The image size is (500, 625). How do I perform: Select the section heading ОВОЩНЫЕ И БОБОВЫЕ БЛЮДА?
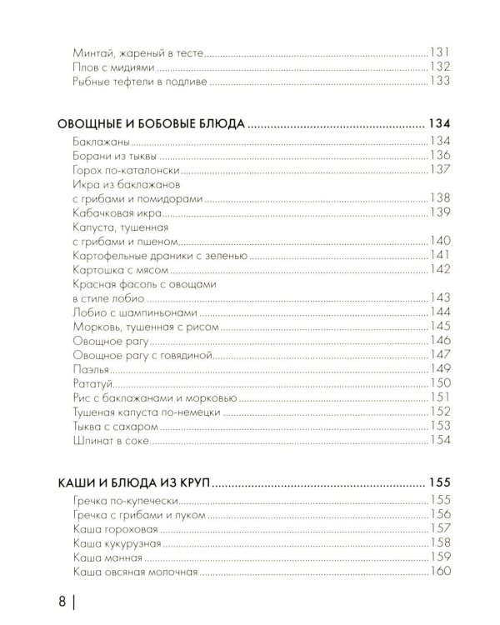[x=152, y=124]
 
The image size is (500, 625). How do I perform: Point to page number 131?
[x=439, y=52]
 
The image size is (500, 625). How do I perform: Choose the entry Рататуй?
[x=92, y=382]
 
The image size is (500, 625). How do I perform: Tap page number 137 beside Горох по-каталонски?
[x=439, y=169]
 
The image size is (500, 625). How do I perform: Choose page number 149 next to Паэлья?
[x=439, y=368]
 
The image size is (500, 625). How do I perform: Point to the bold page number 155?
[x=439, y=482]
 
